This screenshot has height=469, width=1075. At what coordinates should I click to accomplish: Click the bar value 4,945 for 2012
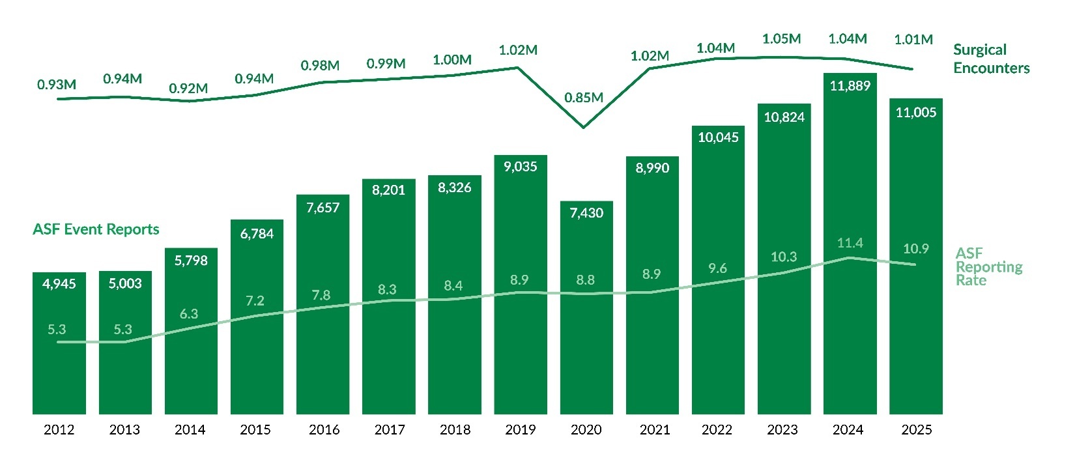pyautogui.click(x=59, y=284)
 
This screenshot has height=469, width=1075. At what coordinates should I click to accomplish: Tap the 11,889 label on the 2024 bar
pyautogui.click(x=850, y=86)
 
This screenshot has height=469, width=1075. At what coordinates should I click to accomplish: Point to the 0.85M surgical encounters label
pyautogui.click(x=584, y=98)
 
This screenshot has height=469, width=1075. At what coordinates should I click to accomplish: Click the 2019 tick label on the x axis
pyautogui.click(x=520, y=430)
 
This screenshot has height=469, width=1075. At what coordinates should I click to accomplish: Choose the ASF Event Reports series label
pyautogui.click(x=96, y=229)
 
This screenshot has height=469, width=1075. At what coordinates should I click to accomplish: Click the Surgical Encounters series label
pyautogui.click(x=991, y=59)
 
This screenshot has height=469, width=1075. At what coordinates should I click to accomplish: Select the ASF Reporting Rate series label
pyautogui.click(x=988, y=266)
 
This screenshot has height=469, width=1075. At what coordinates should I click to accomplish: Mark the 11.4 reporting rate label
pyautogui.click(x=850, y=243)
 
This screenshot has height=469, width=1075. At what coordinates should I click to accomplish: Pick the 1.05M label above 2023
pyautogui.click(x=781, y=39)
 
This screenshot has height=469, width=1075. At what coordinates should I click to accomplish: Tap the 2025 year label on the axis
pyautogui.click(x=916, y=430)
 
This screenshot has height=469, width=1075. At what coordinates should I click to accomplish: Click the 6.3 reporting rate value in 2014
pyautogui.click(x=189, y=314)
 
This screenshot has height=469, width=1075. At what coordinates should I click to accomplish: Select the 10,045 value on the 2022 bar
pyautogui.click(x=718, y=137)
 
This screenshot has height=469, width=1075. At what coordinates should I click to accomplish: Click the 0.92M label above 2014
pyautogui.click(x=188, y=89)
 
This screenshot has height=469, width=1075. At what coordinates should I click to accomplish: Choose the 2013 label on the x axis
pyautogui.click(x=124, y=430)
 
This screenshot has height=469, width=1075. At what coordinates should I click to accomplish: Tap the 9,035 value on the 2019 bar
pyautogui.click(x=520, y=167)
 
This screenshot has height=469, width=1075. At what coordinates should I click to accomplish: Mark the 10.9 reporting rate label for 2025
pyautogui.click(x=915, y=249)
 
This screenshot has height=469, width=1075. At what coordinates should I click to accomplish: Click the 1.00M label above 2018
pyautogui.click(x=452, y=60)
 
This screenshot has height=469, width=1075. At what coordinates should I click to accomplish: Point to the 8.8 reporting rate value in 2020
pyautogui.click(x=585, y=280)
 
